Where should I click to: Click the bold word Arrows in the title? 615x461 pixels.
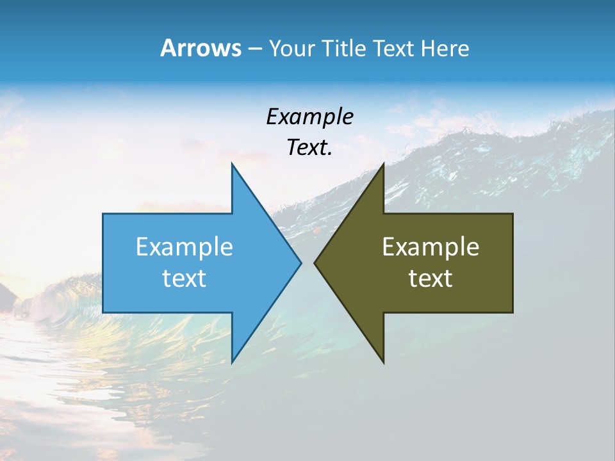201,48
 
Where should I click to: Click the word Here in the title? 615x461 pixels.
445,48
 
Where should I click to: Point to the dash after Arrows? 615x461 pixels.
254,49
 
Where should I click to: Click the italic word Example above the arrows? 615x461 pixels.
309,117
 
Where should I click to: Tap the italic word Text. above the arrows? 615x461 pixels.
309,147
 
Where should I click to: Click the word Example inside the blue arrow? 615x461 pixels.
184,247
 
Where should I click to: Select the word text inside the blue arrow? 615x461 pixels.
184,278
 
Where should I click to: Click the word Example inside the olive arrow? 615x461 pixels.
430,247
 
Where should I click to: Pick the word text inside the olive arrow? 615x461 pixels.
430,278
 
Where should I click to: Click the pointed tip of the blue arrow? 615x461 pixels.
301,263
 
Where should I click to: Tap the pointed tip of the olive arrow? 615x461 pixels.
315,263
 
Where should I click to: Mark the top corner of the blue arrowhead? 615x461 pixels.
232,163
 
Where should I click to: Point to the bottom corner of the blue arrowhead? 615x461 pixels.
232,362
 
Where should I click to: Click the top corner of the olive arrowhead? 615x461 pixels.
383,163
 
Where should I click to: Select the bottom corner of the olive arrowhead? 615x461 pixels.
383,362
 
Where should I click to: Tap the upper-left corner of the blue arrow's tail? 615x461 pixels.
103,214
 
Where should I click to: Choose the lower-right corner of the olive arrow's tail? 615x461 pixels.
512,312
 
